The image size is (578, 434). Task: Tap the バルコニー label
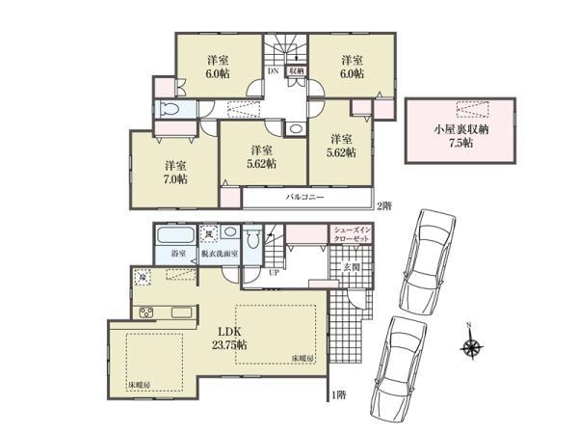(303, 197)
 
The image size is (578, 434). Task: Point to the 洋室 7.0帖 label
(173, 172)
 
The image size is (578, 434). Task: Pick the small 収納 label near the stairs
(298, 70)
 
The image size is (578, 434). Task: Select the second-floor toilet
(171, 109)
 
